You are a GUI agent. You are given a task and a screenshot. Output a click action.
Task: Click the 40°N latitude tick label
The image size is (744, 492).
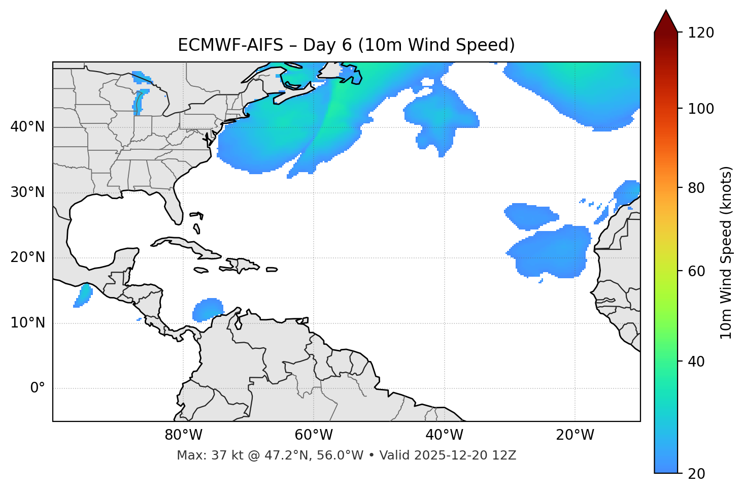(27, 127)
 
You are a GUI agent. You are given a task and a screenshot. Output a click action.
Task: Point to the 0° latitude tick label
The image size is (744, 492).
(38, 388)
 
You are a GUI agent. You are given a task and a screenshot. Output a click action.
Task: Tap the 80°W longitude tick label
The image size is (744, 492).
(183, 435)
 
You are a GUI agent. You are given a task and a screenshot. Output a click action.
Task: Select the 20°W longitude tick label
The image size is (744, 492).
(575, 435)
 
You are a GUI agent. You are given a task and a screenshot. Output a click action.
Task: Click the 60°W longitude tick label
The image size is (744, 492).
(314, 435)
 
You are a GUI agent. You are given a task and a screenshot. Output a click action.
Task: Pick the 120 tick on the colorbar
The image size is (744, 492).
(701, 33)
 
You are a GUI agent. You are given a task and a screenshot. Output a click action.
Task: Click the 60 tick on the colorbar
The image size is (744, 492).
(696, 271)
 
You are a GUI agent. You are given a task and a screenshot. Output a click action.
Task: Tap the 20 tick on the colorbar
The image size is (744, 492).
(696, 474)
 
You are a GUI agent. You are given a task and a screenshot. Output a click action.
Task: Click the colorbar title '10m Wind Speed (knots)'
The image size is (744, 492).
(726, 252)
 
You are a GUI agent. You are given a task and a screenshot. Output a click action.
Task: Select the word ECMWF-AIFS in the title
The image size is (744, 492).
(230, 45)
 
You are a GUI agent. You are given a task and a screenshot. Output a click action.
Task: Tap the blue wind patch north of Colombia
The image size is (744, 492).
(208, 310)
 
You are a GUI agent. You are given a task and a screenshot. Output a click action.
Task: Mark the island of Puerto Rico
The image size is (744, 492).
(272, 270)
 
